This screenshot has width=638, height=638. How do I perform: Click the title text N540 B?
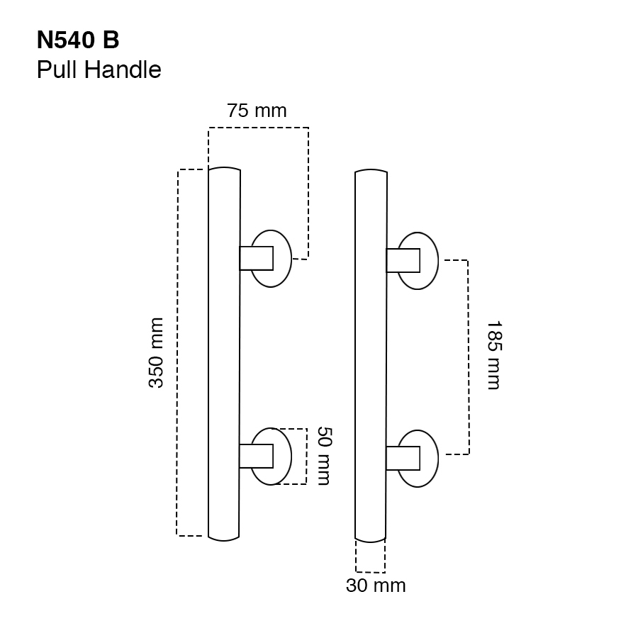pos(78,40)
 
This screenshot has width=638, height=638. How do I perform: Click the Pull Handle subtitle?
pos(99,70)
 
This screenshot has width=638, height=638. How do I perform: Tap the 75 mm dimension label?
pos(257,111)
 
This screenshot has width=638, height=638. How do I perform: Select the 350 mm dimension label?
pos(156,352)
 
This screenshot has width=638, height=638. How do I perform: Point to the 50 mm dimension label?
pos(323,455)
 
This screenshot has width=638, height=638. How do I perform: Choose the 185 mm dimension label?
pos(493,355)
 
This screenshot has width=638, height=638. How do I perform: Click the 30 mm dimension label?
pos(376,586)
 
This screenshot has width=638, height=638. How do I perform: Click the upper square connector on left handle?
pos(256,258)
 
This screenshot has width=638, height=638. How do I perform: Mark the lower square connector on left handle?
pos(256,456)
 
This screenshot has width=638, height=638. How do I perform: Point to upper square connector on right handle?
pos(402,260)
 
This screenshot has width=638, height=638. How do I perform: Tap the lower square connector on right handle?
pos(402,458)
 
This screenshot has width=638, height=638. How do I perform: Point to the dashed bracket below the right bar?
pos(370,571)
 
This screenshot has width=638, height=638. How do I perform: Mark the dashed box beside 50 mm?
pos(306,456)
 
